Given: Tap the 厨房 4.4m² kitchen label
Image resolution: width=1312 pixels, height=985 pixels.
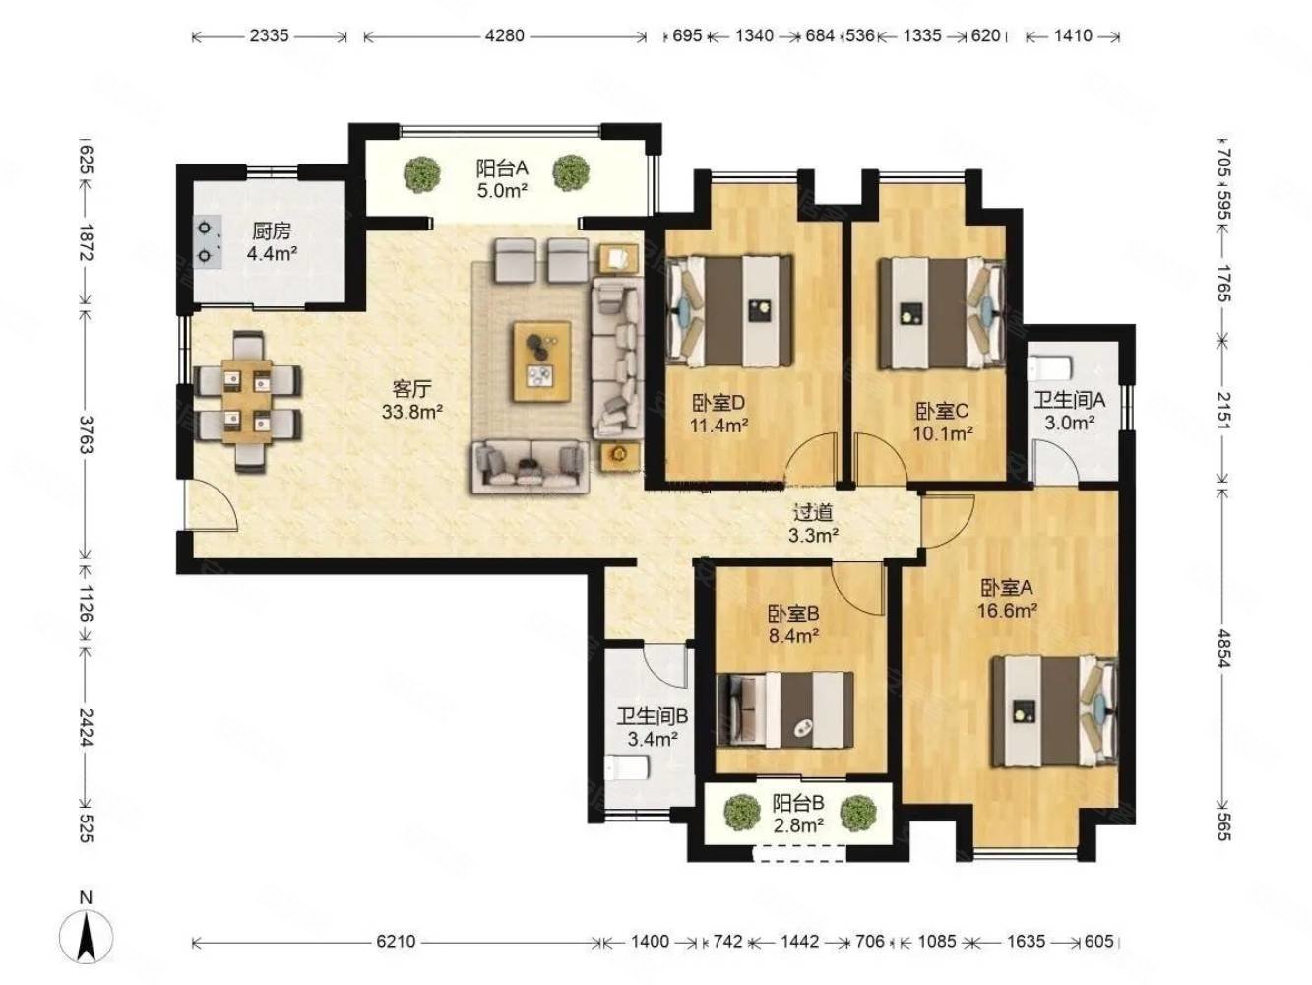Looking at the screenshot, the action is pyautogui.click(x=272, y=242).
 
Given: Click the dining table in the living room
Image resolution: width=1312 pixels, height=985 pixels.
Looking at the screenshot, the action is pyautogui.click(x=247, y=401).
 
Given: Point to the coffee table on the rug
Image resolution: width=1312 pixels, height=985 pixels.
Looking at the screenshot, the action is pyautogui.click(x=541, y=361).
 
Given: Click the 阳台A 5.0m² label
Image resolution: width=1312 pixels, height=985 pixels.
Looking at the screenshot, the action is pyautogui.click(x=502, y=179).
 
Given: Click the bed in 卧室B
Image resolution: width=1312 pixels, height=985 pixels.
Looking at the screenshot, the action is pyautogui.click(x=784, y=710).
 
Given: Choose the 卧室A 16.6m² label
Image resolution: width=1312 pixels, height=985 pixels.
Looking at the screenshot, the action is pyautogui.click(x=1007, y=599).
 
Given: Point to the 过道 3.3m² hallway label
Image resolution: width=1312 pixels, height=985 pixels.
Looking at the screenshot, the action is pyautogui.click(x=813, y=523).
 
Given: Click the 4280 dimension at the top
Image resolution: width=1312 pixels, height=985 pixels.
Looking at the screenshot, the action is pyautogui.click(x=505, y=35).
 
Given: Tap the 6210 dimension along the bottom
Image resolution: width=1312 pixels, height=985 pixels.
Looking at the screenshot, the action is pyautogui.click(x=396, y=942).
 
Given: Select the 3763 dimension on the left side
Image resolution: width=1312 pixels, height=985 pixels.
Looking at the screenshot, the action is pyautogui.click(x=86, y=433).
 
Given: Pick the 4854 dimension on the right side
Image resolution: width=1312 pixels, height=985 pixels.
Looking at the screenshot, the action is pyautogui.click(x=1224, y=648).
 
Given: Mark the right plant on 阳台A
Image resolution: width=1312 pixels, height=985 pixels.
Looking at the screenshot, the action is pyautogui.click(x=571, y=173).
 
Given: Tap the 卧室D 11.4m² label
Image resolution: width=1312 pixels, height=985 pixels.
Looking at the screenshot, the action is pyautogui.click(x=718, y=414).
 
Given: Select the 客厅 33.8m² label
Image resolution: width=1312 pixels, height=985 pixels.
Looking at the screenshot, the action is pyautogui.click(x=411, y=400).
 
